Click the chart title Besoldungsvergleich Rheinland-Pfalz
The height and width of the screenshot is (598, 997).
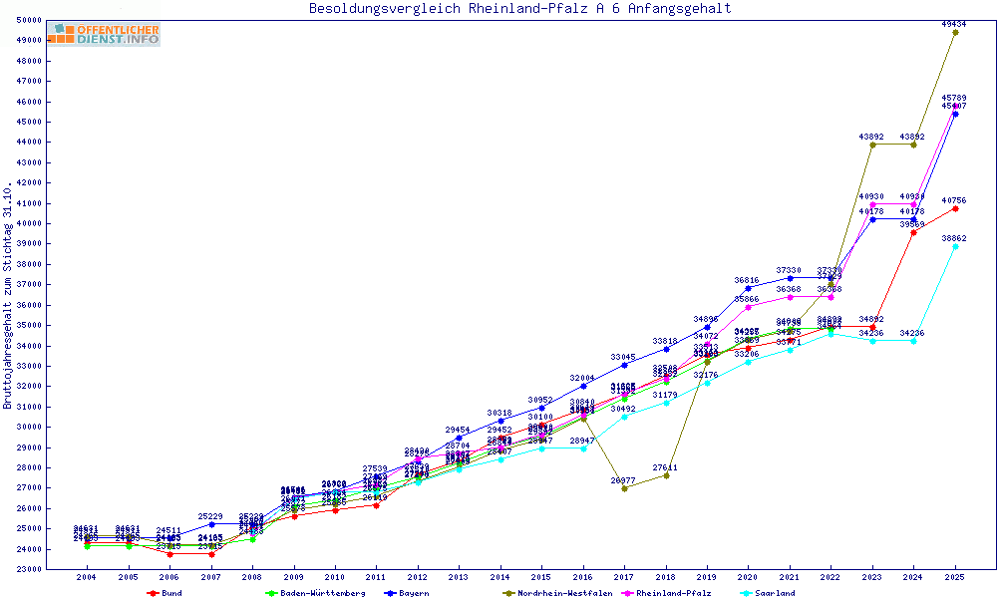(519, 9)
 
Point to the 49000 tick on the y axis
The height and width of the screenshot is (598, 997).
(28, 40)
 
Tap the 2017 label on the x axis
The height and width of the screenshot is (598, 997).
(624, 577)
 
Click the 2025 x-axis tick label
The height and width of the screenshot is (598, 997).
(955, 577)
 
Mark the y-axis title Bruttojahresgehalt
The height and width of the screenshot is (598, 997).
(8, 296)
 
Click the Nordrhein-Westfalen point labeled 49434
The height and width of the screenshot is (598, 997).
(955, 32)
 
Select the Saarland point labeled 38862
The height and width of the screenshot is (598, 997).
(955, 246)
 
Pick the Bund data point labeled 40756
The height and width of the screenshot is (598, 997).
(955, 208)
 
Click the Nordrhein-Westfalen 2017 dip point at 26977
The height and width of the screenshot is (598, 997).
(624, 488)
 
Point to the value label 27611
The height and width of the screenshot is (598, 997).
(665, 466)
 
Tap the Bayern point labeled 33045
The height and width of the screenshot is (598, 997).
(624, 365)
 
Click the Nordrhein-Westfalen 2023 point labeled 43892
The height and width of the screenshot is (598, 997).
(872, 145)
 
